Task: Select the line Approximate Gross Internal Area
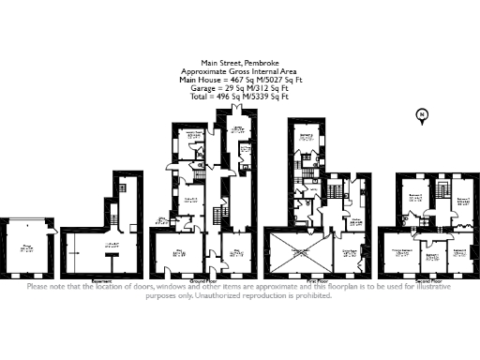click(x=239, y=71)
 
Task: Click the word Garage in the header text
click(x=207, y=86)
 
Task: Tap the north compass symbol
click(x=422, y=115)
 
